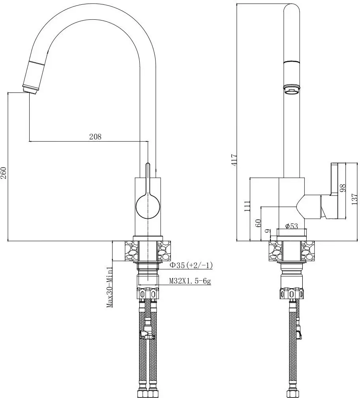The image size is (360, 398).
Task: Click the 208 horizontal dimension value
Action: [95, 137]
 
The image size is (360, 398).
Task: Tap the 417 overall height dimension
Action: [234, 159]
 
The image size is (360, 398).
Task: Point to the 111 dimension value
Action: [247, 207]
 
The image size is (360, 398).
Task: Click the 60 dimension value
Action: [259, 223]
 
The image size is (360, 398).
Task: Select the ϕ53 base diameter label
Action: [291, 226]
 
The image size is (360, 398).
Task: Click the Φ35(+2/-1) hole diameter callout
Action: [191, 265]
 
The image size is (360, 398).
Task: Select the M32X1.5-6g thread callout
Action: [190, 281]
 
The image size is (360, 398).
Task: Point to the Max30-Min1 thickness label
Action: [110, 287]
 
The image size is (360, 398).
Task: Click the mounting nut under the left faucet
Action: [148, 294]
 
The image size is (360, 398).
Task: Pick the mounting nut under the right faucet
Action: [292, 294]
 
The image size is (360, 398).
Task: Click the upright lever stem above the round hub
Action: [148, 178]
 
